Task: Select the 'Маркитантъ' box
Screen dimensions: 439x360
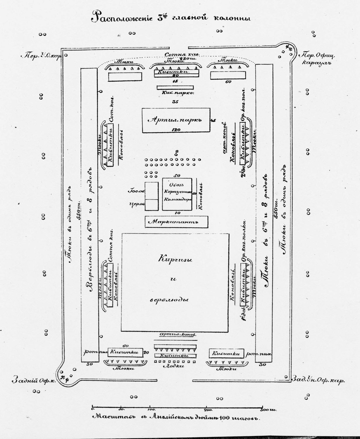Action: (176, 222)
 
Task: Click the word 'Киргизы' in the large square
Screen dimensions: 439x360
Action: (175, 259)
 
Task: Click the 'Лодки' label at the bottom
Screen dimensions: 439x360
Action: (173, 366)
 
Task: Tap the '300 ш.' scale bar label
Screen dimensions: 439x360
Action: (268, 410)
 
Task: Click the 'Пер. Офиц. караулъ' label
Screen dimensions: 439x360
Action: (318, 59)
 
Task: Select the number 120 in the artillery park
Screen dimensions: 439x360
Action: (176, 129)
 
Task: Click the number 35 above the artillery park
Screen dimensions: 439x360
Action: (175, 102)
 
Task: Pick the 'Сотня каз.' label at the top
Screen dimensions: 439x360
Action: (182, 55)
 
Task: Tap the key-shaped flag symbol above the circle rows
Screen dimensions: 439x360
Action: (176, 152)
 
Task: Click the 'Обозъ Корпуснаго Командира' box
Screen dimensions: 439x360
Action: (177, 194)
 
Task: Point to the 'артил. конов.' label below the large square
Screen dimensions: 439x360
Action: (177, 334)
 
